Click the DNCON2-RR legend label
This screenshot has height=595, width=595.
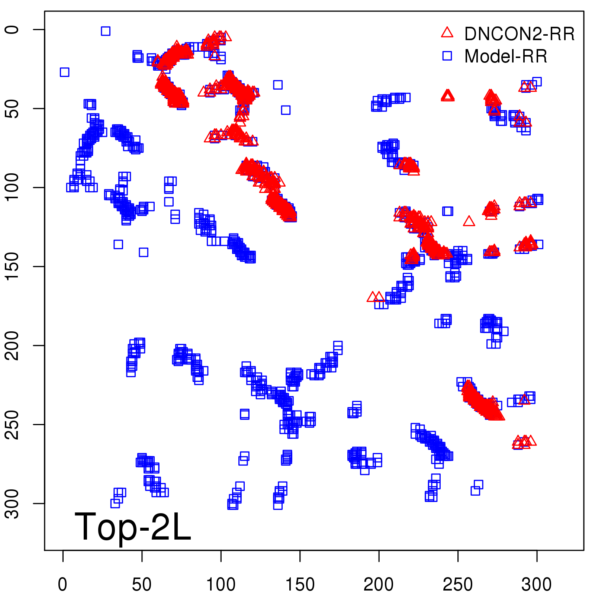click(519, 34)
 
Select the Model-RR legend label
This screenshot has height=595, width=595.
click(506, 57)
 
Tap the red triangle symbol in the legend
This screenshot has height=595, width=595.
click(447, 33)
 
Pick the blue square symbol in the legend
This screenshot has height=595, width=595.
click(447, 56)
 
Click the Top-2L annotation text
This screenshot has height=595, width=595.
click(133, 527)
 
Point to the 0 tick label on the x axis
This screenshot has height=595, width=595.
click(63, 584)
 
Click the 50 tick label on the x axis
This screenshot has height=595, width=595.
click(142, 584)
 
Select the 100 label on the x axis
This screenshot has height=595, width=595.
click(221, 584)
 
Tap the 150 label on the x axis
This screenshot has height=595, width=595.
click(300, 584)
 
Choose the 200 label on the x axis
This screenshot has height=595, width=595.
click(379, 584)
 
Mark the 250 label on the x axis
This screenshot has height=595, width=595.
click(458, 584)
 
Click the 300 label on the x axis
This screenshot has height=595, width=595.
click(537, 584)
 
